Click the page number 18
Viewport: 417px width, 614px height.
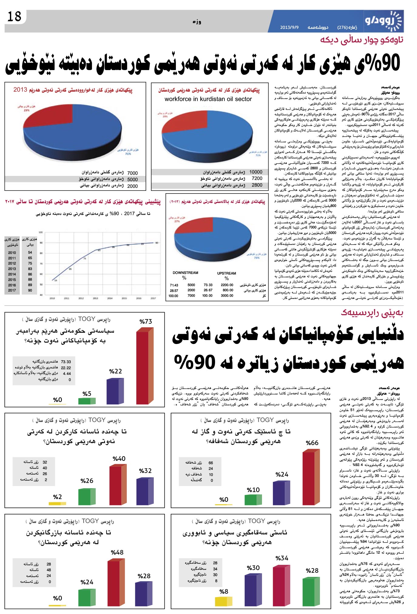coord(14,16)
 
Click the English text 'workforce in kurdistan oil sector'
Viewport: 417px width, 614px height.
coord(208,99)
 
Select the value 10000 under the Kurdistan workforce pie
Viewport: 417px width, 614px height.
coord(256,172)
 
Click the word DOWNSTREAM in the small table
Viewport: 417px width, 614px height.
coord(185,273)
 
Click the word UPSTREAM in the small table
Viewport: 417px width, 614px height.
coord(227,273)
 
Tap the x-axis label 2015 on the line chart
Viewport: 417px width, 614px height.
coord(124,299)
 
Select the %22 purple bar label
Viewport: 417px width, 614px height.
coord(115,371)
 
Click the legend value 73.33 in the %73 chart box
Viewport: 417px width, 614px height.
coord(66,362)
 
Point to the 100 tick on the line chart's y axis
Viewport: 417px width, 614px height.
coord(41,233)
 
